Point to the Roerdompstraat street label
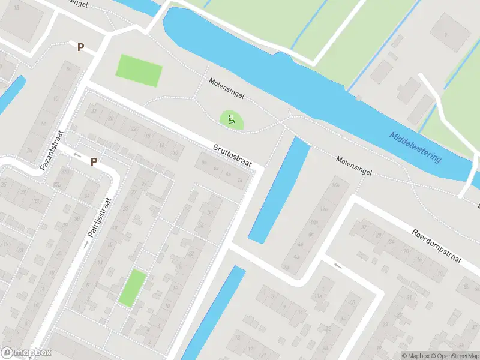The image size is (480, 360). [436, 246]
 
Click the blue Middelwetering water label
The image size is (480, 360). [415, 147]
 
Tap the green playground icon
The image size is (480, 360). [231, 119]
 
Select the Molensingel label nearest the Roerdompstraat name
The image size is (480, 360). [354, 166]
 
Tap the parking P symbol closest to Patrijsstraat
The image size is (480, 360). [94, 161]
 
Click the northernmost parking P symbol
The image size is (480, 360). [80, 47]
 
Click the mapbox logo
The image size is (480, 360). [26, 353]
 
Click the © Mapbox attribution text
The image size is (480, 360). [415, 356]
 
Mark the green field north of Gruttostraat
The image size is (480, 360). [139, 70]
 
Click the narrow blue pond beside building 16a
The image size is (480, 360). [280, 189]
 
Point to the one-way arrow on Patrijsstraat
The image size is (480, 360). [86, 244]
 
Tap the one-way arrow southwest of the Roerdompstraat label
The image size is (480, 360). [337, 265]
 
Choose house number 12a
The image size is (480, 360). [324, 209]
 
